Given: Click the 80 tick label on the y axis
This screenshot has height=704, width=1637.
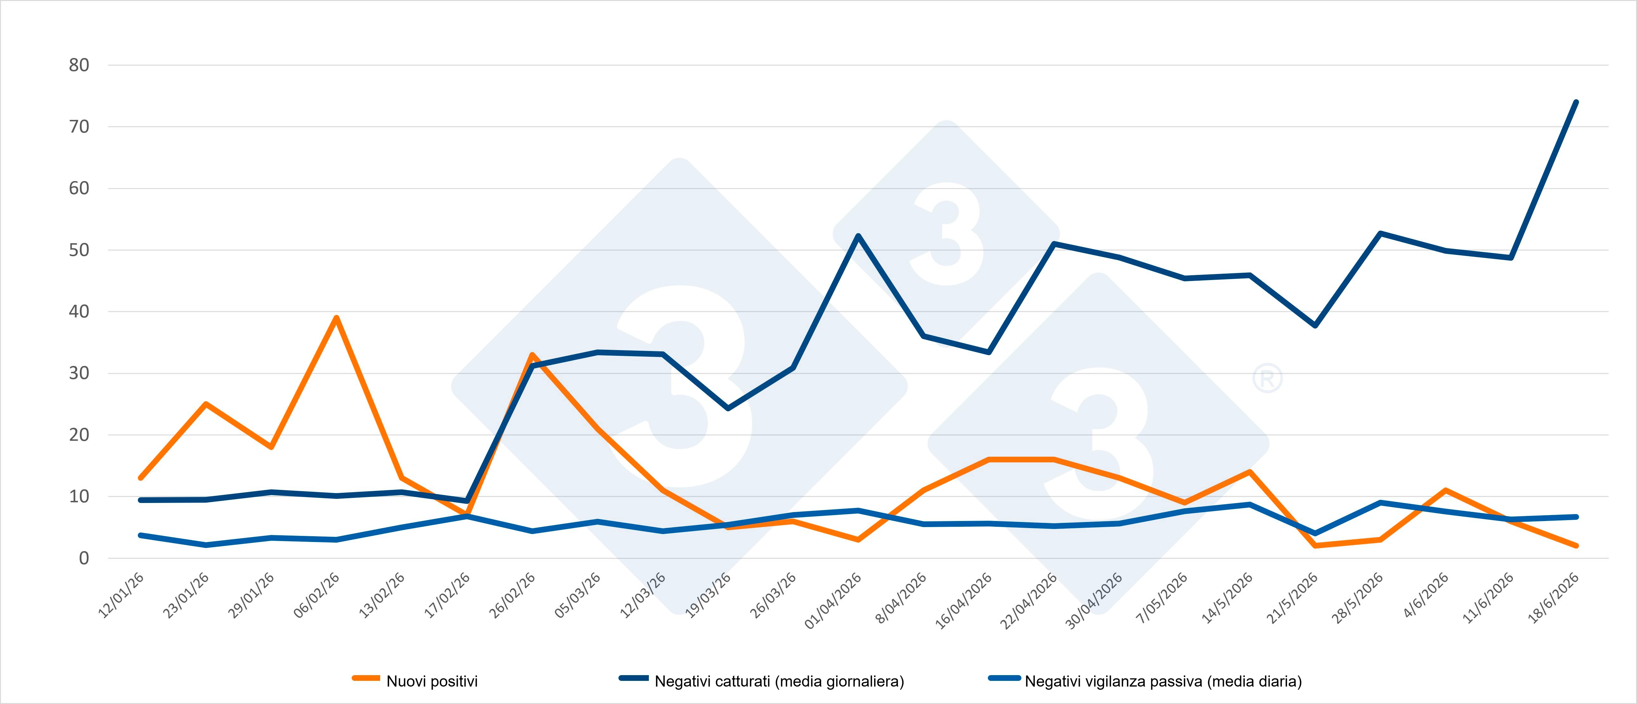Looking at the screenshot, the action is click(x=79, y=65).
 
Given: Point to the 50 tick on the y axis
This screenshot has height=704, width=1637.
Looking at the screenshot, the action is click(x=79, y=250).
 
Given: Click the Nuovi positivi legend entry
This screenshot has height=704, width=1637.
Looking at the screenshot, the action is click(x=415, y=681).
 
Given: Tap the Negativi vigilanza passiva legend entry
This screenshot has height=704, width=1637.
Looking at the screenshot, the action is click(x=1145, y=681).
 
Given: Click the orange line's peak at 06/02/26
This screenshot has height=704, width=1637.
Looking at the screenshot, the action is click(x=336, y=318).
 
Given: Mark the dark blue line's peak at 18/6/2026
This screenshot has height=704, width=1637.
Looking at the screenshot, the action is click(x=1576, y=102).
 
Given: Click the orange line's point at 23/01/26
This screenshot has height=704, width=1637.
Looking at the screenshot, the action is click(x=206, y=404).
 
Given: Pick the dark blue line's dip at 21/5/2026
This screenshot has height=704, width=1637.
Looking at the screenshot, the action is click(x=1315, y=326).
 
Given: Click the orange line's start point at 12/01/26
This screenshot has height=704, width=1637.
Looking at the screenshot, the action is click(x=140, y=478).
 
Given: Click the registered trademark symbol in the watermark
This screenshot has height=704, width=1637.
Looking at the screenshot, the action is click(x=1267, y=379).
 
